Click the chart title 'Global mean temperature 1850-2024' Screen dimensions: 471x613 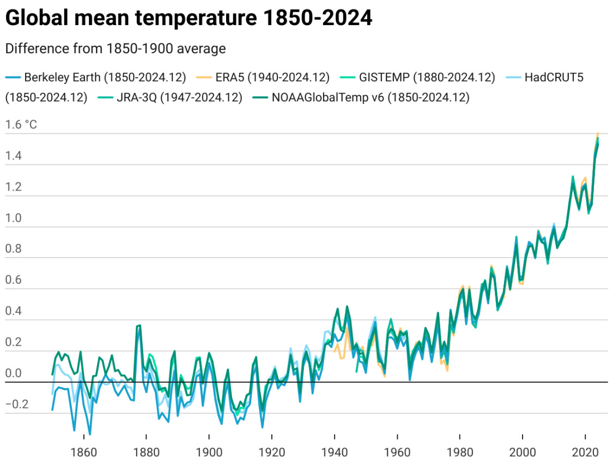pyautogui.click(x=189, y=19)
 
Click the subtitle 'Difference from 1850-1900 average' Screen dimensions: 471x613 pyautogui.click(x=115, y=48)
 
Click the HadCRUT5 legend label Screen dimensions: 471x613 pyautogui.click(x=554, y=77)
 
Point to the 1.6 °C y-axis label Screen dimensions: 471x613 pyautogui.click(x=21, y=125)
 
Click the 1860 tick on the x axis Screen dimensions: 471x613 pyautogui.click(x=84, y=452)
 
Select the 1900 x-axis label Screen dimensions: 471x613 pyautogui.click(x=209, y=452)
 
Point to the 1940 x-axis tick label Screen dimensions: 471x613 pyautogui.click(x=334, y=452)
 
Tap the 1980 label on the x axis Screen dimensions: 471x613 pyautogui.click(x=459, y=452)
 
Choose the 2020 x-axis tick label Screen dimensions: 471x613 pyautogui.click(x=585, y=452)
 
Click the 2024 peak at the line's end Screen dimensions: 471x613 pyautogui.click(x=598, y=134)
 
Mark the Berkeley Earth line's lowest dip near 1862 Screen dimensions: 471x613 pyautogui.click(x=90, y=434)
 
